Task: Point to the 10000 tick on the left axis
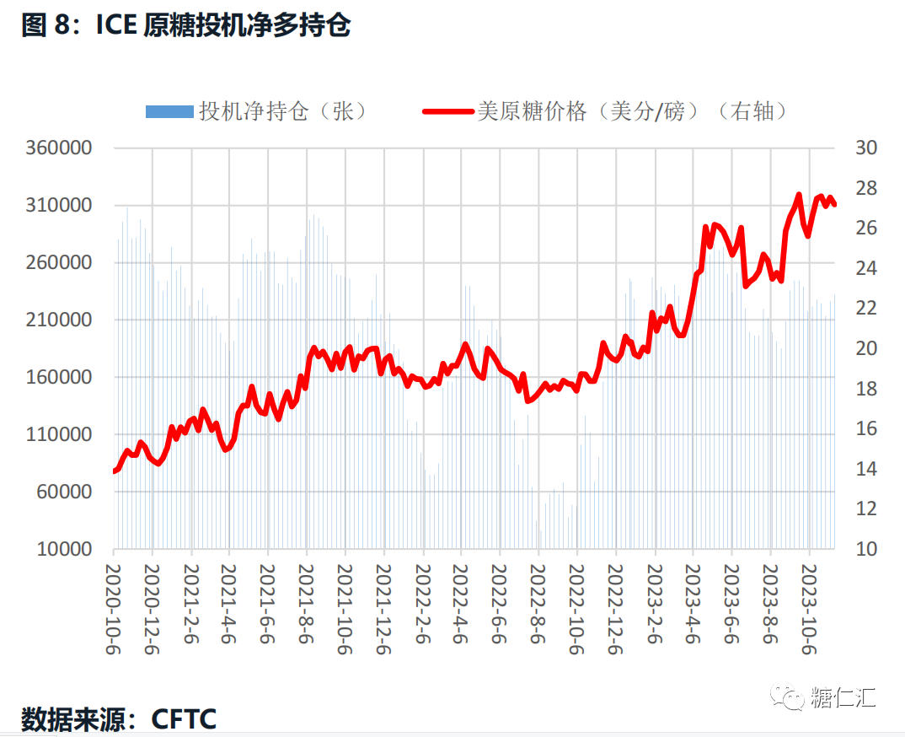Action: coord(63,549)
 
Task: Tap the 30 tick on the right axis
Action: coord(866,148)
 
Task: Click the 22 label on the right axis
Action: coord(866,309)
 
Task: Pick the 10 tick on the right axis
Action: coord(866,549)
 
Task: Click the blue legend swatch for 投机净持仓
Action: coord(169,111)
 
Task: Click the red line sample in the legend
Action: coord(447,111)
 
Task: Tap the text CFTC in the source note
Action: coord(184,719)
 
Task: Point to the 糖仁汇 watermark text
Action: coord(843,698)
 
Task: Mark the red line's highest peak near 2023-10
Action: coord(798,195)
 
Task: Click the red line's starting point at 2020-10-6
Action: coord(114,471)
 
